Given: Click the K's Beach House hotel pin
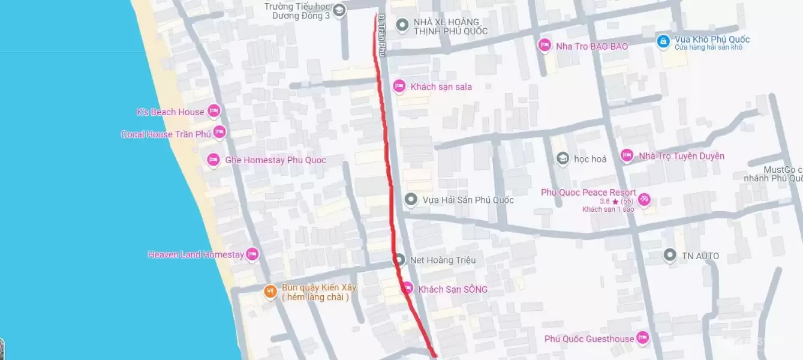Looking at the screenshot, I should pyautogui.click(x=213, y=111).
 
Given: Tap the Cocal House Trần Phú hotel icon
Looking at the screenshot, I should pyautogui.click(x=219, y=133).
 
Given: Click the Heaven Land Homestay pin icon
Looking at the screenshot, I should pyautogui.click(x=252, y=254).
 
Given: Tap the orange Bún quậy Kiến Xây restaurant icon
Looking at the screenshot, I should pyautogui.click(x=270, y=292).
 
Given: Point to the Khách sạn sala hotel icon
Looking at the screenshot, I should pyautogui.click(x=399, y=86).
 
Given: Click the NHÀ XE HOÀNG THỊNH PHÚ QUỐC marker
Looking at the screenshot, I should pyautogui.click(x=403, y=25).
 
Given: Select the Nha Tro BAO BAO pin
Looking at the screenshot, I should pyautogui.click(x=545, y=45).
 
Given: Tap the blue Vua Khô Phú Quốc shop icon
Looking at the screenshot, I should pyautogui.click(x=663, y=41).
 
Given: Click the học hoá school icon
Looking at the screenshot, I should pyautogui.click(x=563, y=158).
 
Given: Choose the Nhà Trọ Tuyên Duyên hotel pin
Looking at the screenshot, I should pyautogui.click(x=627, y=156).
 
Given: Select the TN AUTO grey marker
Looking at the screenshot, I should pyautogui.click(x=670, y=256).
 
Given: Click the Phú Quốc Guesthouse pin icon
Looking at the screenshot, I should pyautogui.click(x=643, y=338).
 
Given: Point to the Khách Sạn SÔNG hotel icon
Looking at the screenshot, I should pyautogui.click(x=407, y=289).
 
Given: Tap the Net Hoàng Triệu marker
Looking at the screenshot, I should pyautogui.click(x=399, y=260).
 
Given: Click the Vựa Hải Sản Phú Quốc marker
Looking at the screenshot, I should pyautogui.click(x=411, y=199).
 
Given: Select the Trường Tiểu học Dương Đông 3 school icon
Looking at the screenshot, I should pyautogui.click(x=339, y=10).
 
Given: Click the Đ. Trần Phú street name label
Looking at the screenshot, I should pyautogui.click(x=381, y=36).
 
